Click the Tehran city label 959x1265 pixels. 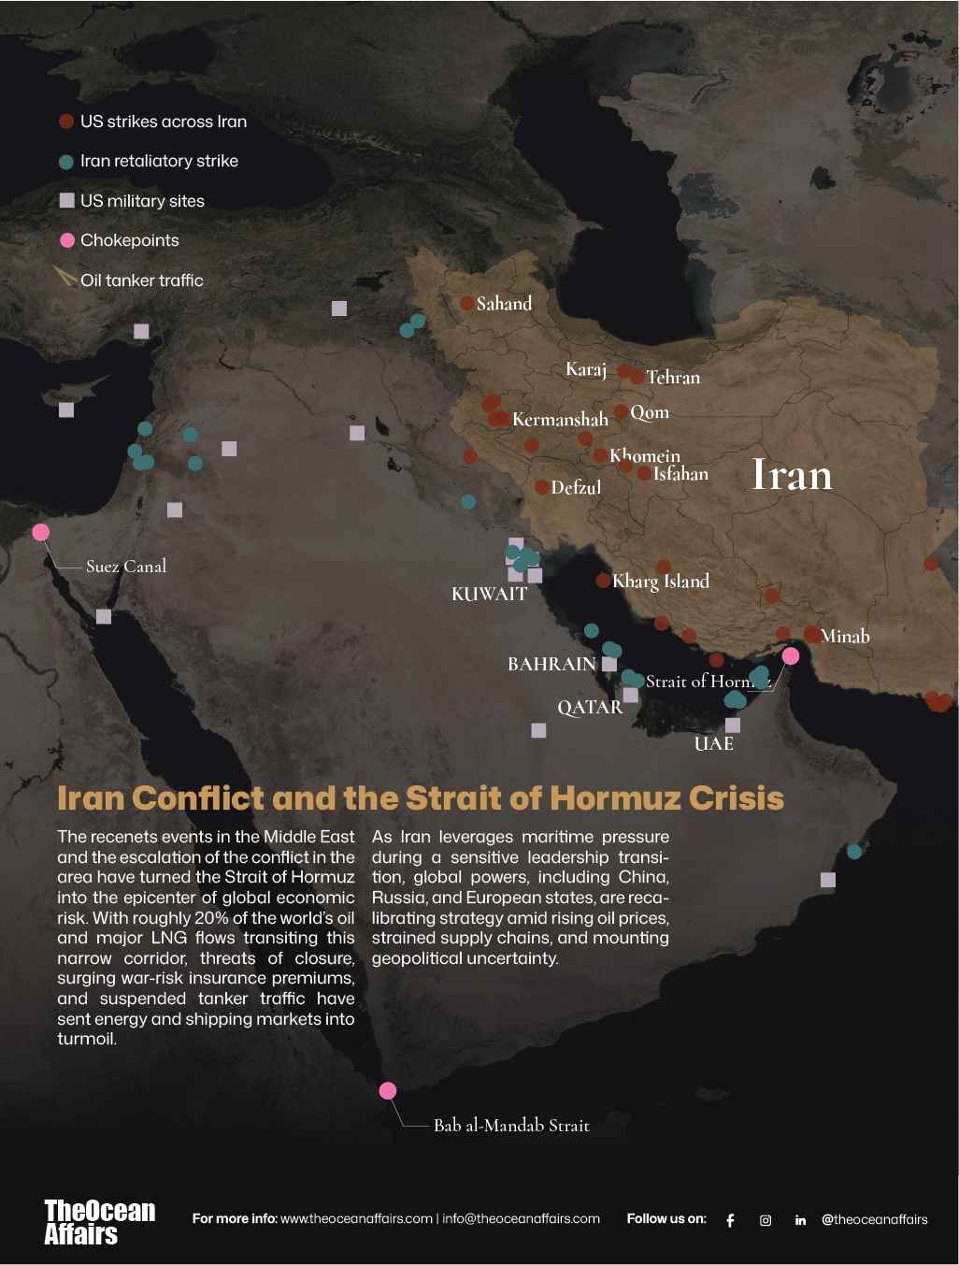[673, 378]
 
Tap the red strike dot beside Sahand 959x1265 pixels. [466, 303]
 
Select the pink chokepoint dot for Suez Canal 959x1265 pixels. [40, 532]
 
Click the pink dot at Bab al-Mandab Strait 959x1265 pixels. [388, 1090]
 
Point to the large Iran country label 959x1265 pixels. [792, 475]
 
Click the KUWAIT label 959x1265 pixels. [489, 595]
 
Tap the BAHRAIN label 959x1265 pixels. [551, 665]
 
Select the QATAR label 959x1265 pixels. [590, 708]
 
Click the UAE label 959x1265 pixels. [713, 744]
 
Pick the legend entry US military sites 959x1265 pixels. [142, 201]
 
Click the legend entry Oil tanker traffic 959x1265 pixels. [141, 280]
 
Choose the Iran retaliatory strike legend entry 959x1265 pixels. [159, 161]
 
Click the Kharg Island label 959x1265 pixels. [661, 582]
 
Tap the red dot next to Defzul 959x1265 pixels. [542, 487]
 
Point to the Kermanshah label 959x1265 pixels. [560, 420]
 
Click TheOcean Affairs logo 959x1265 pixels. [99, 1222]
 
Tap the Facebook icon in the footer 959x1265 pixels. [730, 1220]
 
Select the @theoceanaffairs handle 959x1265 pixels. [874, 1219]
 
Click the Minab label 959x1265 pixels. [845, 637]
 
